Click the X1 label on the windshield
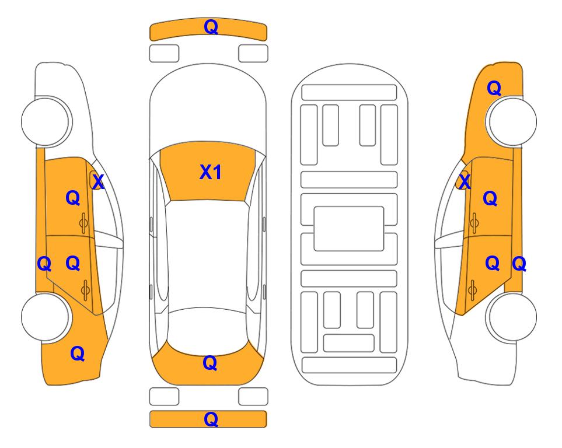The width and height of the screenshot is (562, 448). (x=211, y=172)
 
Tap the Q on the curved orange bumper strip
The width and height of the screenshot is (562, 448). (x=211, y=27)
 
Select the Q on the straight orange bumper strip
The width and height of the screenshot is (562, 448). (x=211, y=419)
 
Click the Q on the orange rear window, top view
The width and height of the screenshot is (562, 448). (x=210, y=363)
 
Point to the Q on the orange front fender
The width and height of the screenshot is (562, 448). (x=494, y=88)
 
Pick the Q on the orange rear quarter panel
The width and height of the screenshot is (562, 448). (x=78, y=353)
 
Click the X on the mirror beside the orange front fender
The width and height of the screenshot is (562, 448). (x=465, y=181)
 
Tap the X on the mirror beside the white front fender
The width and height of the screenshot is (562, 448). (x=98, y=182)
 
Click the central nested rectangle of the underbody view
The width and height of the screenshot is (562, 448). (x=349, y=229)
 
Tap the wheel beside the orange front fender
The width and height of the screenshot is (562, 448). (x=511, y=121)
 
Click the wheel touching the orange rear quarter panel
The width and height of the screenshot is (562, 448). (x=46, y=317)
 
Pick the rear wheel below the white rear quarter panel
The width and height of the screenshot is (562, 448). (x=511, y=317)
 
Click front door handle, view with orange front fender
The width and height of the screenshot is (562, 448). (x=474, y=223)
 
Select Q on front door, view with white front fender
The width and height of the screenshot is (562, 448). (x=73, y=198)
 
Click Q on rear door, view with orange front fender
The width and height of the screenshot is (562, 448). (x=493, y=264)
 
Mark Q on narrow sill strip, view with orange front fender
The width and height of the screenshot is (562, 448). (x=519, y=264)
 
